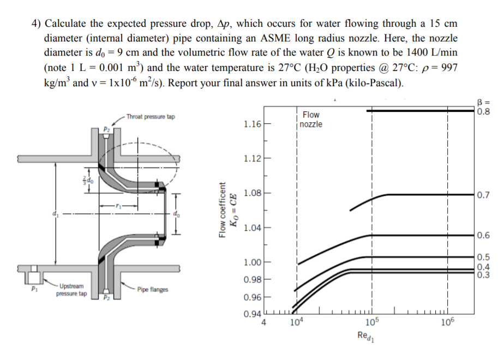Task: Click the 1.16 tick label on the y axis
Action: tap(253, 124)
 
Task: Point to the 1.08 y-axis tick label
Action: tap(253, 193)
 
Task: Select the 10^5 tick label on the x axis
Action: tap(371, 322)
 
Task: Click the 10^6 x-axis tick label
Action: tap(447, 322)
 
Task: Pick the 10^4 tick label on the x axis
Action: tap(297, 322)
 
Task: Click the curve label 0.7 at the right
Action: tap(482, 195)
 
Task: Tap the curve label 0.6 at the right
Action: tap(482, 236)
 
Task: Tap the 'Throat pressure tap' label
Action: tap(150, 117)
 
